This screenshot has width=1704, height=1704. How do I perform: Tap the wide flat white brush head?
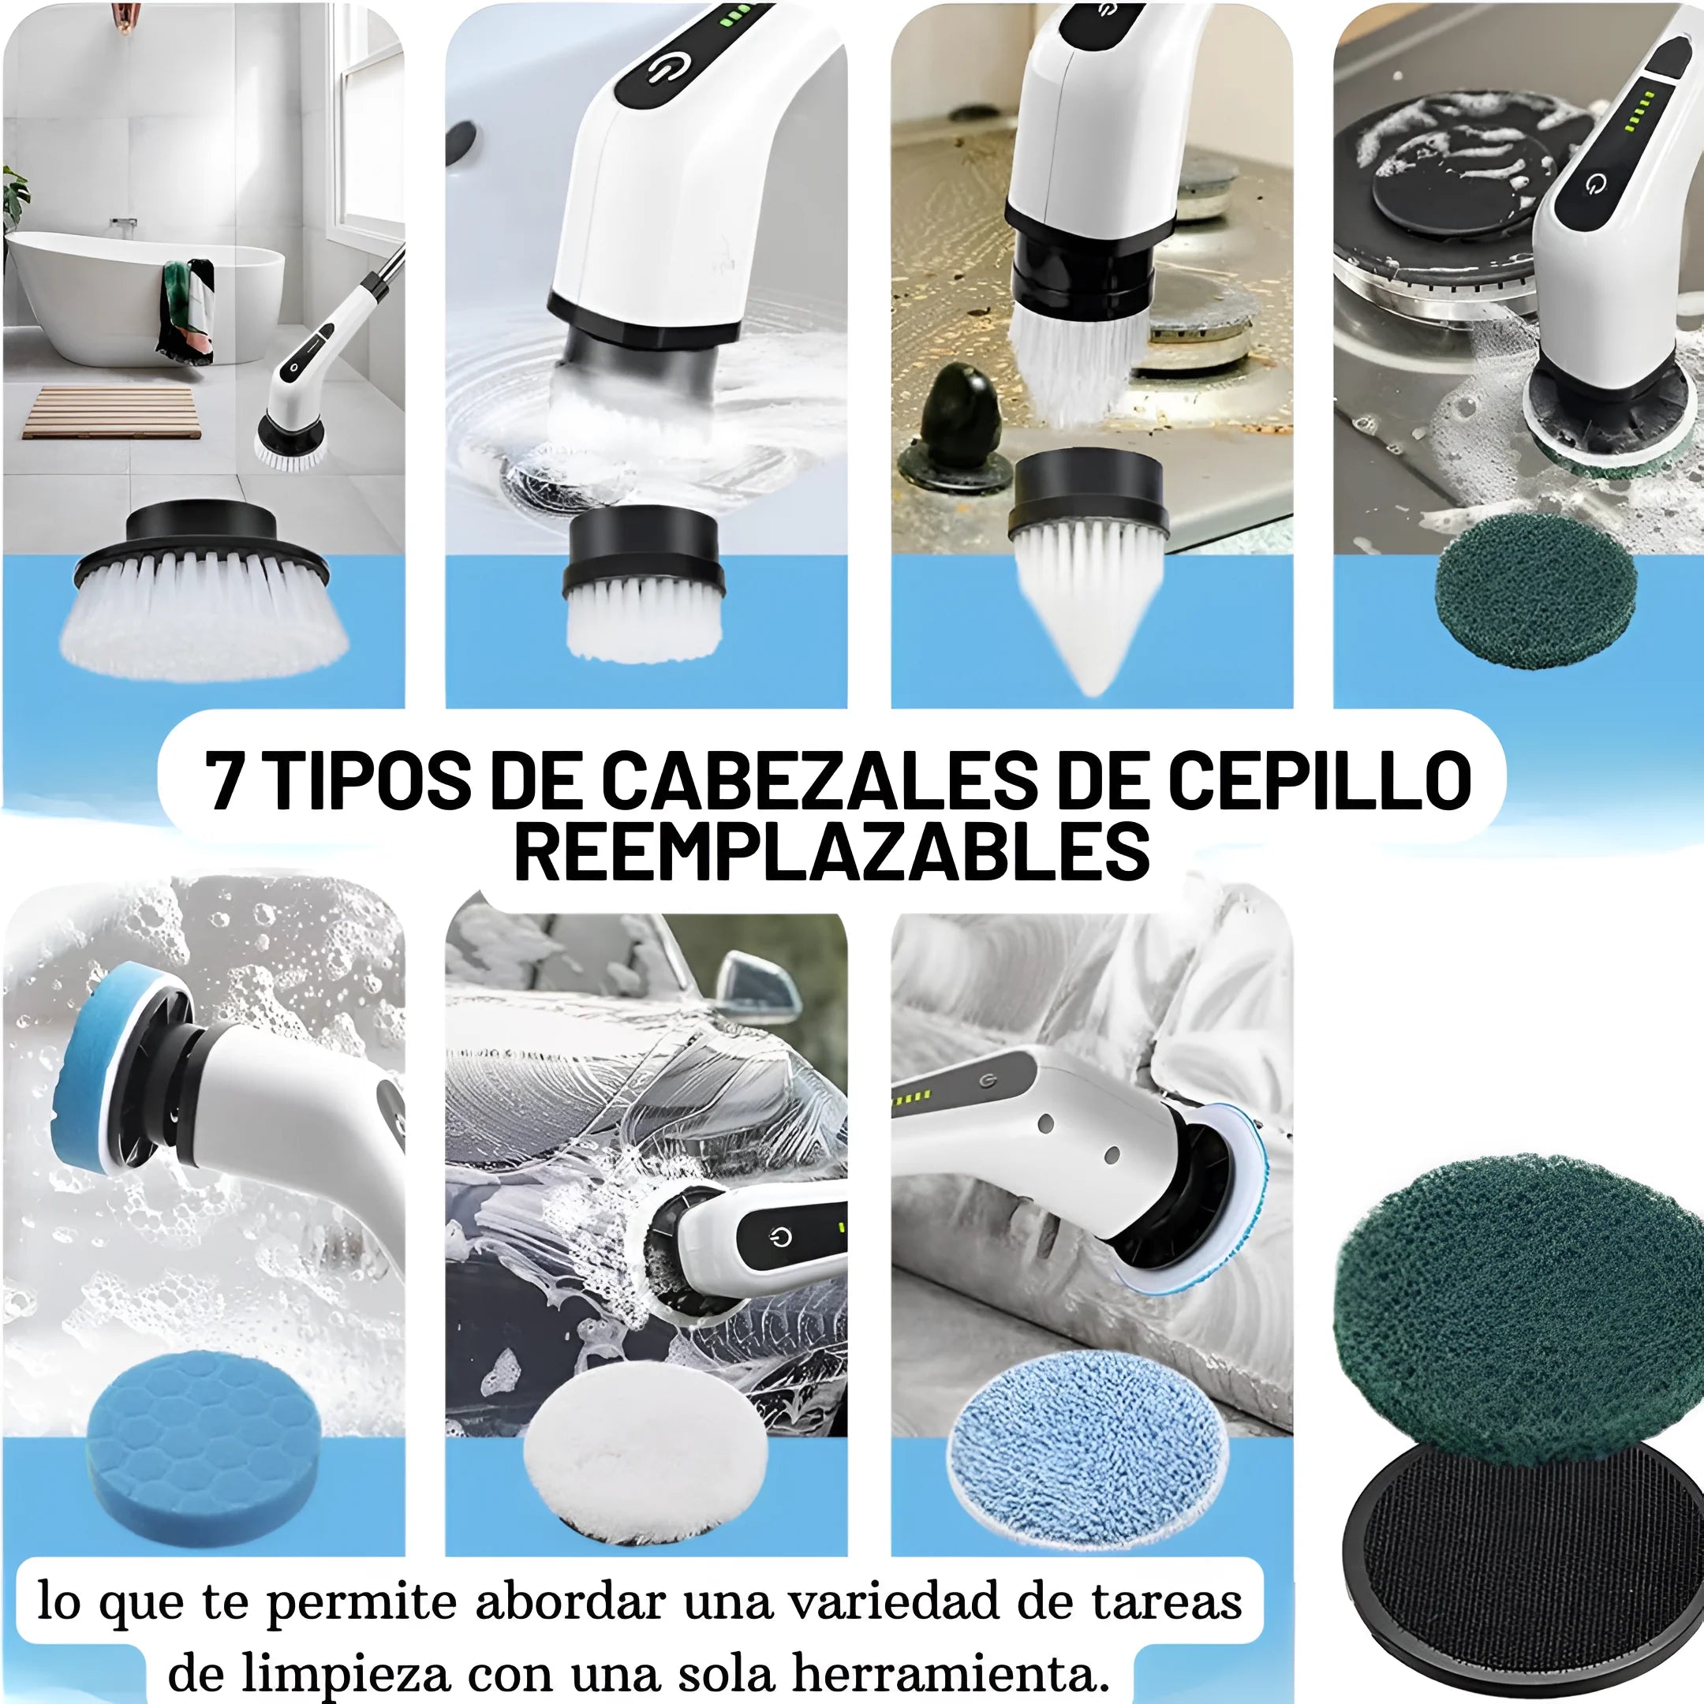(203, 590)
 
